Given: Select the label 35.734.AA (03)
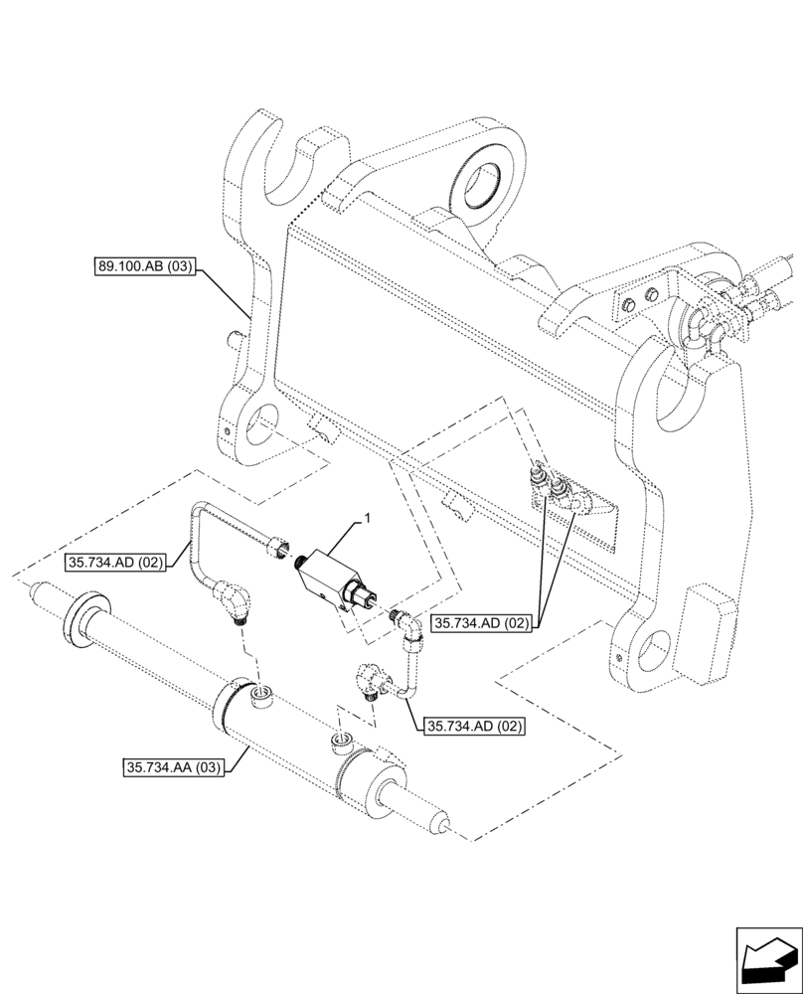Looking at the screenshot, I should tap(175, 767).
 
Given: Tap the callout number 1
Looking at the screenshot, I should tap(367, 518).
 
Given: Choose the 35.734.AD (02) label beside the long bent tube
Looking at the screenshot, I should tap(118, 563).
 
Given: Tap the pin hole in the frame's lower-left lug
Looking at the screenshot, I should tap(261, 426).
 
